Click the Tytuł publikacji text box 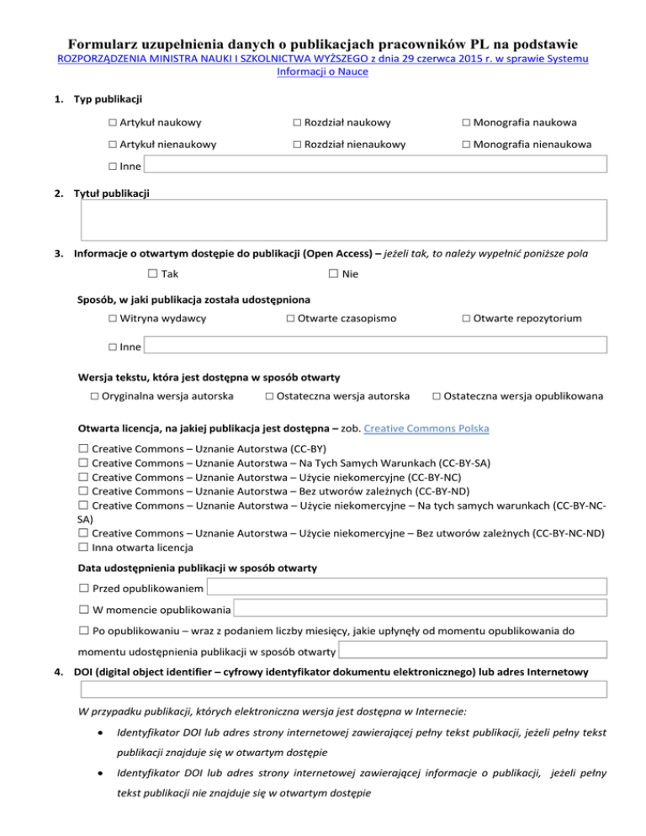343,220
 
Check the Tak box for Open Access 152,274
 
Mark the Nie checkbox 333,274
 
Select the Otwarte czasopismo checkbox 289,319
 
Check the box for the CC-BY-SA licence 83,463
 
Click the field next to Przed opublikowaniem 406,586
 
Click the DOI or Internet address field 343,690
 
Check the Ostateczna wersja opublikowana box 436,396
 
